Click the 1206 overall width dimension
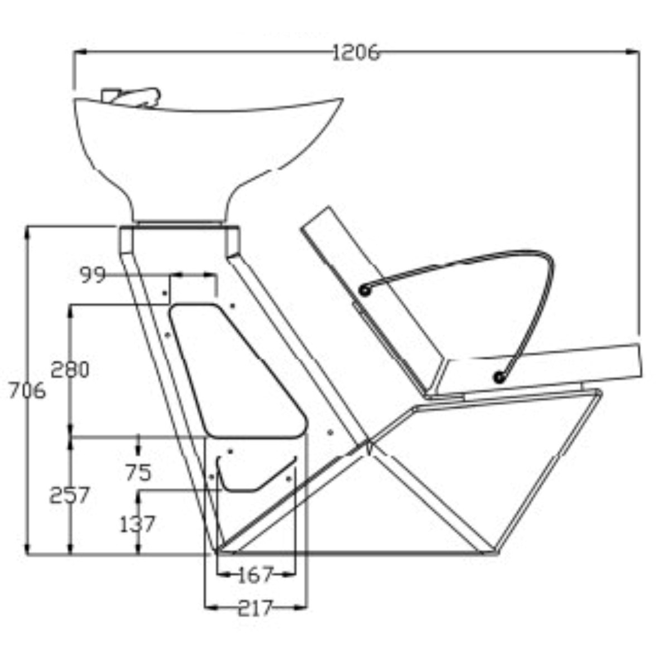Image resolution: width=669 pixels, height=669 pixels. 355,53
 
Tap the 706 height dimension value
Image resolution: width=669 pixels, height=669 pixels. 27,391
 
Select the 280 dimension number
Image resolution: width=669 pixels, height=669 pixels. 70,370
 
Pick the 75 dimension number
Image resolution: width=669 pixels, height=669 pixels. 138,472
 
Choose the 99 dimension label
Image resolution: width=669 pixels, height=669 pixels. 93,275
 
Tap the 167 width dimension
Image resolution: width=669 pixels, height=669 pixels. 255,575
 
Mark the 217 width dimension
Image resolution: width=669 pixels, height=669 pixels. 255,608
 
